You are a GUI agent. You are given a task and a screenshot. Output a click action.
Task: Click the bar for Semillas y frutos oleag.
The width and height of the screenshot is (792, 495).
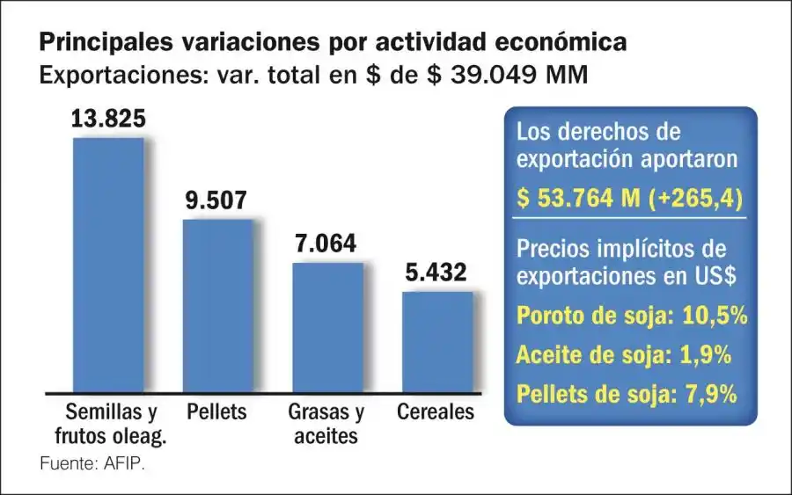coord(107,264)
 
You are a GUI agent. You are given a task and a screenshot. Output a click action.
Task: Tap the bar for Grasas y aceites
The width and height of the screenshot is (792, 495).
coord(327,326)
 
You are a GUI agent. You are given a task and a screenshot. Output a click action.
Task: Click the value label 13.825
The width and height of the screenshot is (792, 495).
coord(107,119)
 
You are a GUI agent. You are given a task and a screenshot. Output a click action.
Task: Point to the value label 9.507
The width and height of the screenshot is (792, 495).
coord(216,200)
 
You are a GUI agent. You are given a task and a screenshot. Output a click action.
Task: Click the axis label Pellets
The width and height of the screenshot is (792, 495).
coord(216,411)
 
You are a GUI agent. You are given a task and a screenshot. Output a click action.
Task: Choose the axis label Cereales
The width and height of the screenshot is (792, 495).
coord(436,411)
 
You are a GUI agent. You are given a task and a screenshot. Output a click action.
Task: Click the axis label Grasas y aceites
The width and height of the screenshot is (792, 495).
coord(326,423)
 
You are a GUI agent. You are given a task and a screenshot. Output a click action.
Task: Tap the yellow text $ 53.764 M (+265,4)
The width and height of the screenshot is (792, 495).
coord(630,199)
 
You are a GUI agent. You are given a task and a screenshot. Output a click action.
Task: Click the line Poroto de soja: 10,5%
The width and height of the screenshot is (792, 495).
coord(632,315)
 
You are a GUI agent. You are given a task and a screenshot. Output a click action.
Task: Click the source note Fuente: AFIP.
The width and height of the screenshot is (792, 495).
coord(92,463)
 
